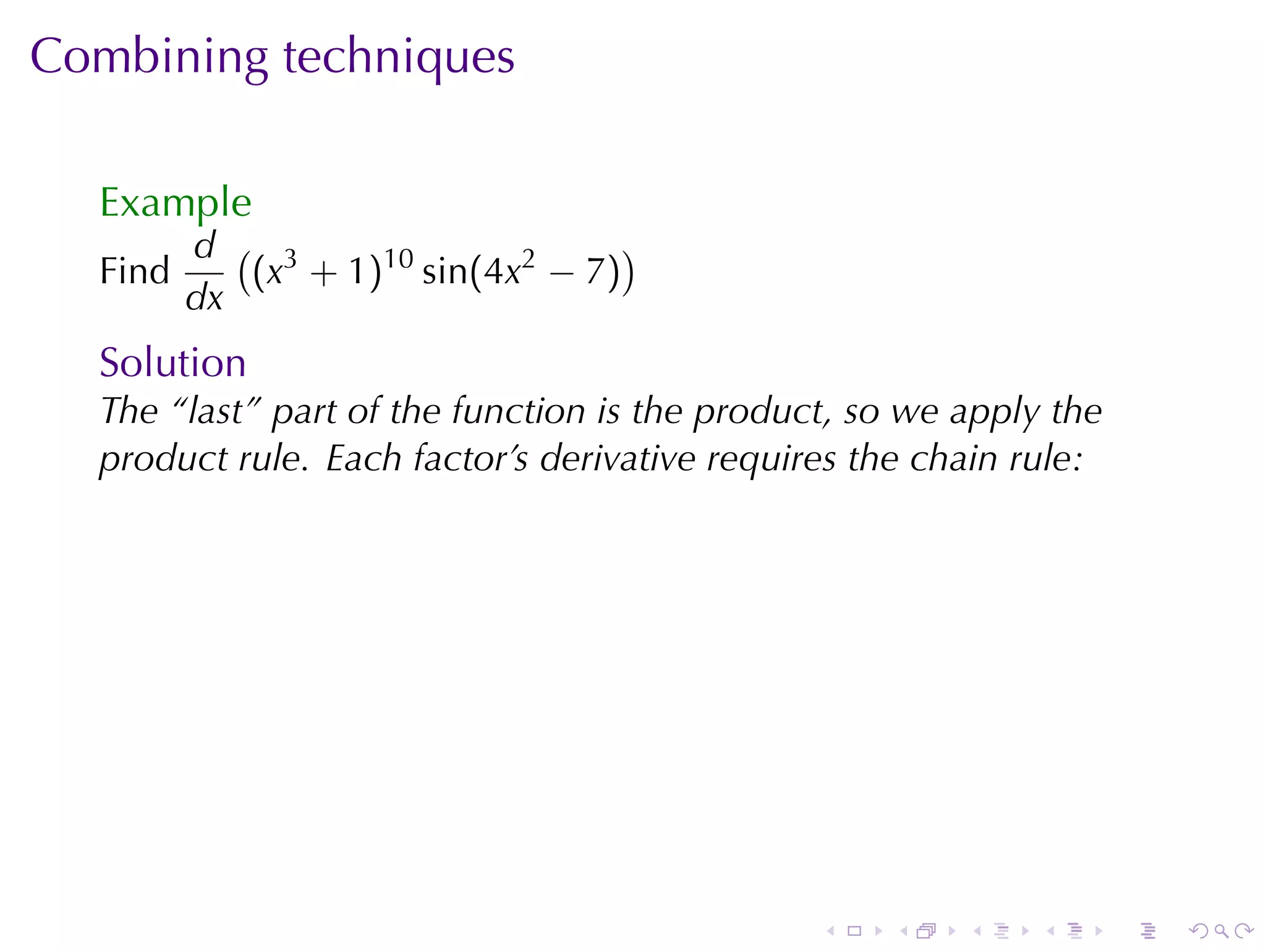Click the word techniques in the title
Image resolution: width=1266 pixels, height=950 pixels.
coord(399,57)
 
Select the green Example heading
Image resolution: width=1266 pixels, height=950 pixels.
coord(176,203)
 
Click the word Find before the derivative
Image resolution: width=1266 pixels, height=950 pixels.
coord(134,271)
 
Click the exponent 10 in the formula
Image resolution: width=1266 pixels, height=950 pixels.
coord(398,259)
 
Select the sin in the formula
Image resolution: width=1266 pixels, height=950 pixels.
coord(444,272)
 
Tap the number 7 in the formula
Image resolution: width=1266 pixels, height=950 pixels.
coord(595,272)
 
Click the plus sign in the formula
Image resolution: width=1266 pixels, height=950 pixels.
coord(323,273)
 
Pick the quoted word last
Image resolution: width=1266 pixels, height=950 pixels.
coord(215,411)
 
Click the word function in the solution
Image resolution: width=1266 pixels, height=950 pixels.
coord(518,411)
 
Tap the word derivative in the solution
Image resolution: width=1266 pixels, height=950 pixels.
coord(618,458)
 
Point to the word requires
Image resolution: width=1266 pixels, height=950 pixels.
coord(771,460)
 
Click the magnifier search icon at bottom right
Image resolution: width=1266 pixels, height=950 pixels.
coord(1221,931)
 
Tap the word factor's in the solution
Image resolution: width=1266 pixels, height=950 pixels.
coord(470,458)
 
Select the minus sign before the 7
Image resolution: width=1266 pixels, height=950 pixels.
coord(561,273)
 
